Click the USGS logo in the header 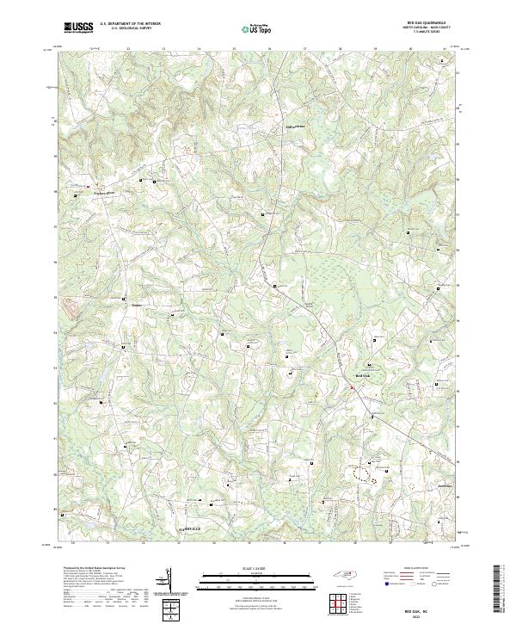pos(78,28)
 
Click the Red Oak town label pos(363,376)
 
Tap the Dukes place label pos(135,305)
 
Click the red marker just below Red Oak pos(352,388)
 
